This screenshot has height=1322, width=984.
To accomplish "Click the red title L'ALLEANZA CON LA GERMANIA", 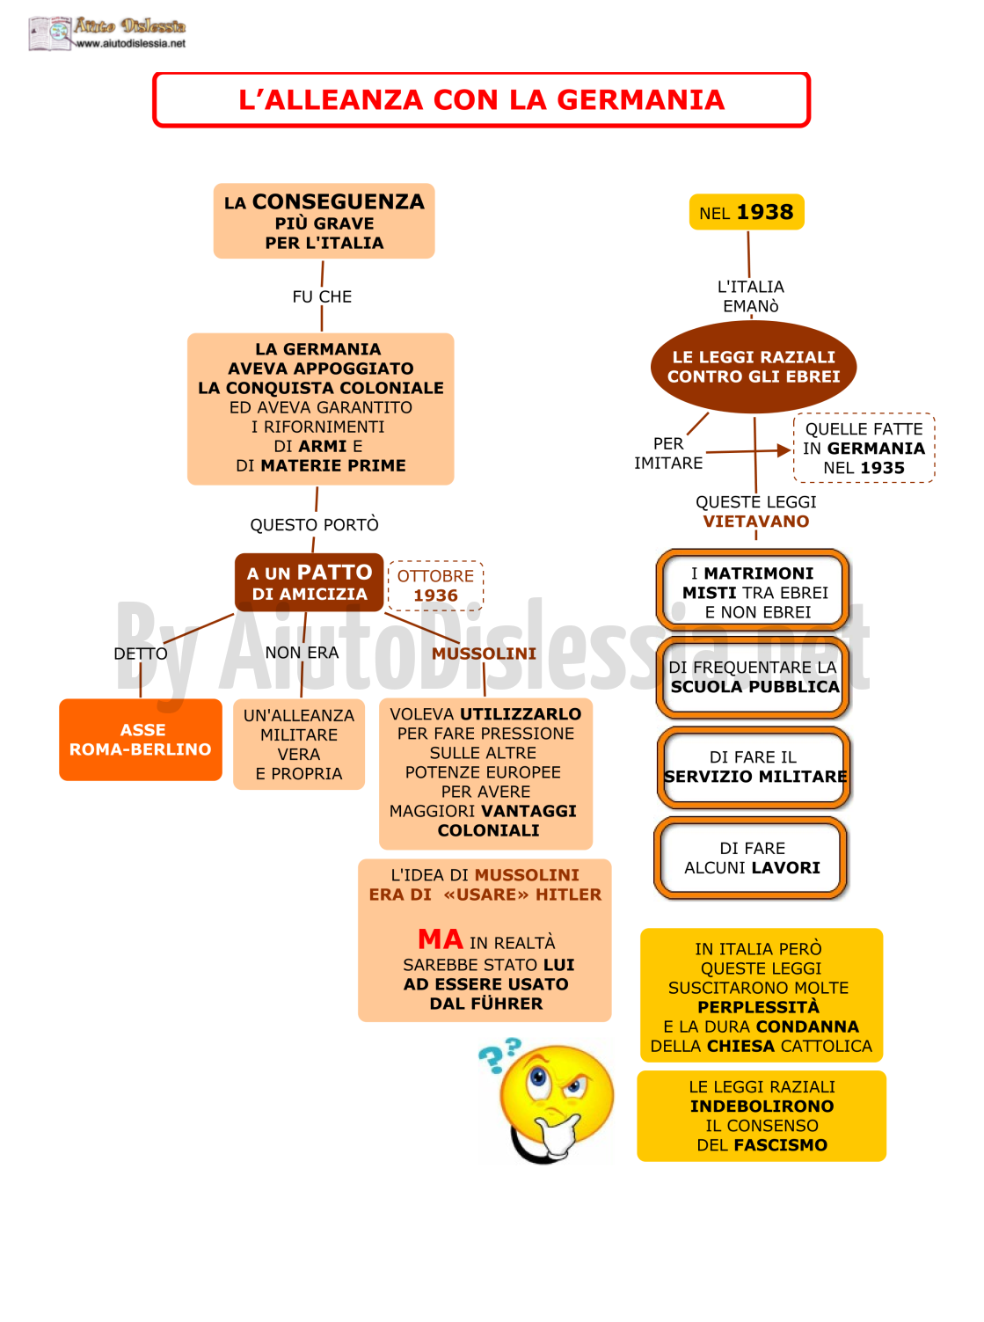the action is pos(481,99).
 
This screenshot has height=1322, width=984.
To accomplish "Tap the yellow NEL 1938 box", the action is pos(747,212).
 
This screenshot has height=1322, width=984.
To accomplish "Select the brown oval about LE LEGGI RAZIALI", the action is pos(753,367).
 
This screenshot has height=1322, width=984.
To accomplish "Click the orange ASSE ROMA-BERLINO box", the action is pos(141,739).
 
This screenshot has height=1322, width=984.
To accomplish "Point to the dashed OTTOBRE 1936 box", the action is pos(435,585).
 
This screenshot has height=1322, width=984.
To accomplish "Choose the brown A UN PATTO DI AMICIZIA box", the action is pos(309,582).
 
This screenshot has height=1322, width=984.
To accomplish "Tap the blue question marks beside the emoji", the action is pos(499,1055).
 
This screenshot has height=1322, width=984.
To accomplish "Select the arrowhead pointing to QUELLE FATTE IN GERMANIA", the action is pos(784,450).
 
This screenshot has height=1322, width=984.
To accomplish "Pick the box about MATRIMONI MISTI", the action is pos(752,591).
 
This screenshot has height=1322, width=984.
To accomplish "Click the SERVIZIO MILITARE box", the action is pos(754,766).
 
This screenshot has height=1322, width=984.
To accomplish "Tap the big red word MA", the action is pos(441,939).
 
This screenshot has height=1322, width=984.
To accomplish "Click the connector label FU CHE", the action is pos(322,296).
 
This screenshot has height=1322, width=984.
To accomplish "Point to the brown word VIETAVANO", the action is pos(755,521).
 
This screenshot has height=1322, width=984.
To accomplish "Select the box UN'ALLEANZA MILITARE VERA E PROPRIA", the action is pos(299,744).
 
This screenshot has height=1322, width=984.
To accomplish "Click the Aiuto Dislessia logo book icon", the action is pos(50,33).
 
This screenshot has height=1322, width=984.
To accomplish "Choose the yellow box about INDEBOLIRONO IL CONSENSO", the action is pos(762,1115).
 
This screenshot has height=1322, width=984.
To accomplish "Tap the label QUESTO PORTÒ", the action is pos(314,524).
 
